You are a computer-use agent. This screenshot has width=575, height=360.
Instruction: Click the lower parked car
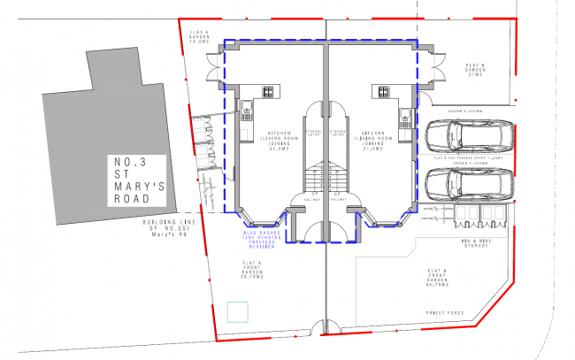click(469, 185)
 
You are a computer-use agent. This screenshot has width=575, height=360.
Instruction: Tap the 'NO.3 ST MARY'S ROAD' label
click(143, 180)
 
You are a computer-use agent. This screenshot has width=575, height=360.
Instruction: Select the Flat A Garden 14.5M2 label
click(198, 36)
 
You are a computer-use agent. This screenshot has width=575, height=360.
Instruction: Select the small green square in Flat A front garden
click(236, 312)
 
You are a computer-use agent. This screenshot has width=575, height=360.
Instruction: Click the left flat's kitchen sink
click(247, 112)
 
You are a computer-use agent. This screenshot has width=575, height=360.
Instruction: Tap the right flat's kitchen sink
click(404, 112)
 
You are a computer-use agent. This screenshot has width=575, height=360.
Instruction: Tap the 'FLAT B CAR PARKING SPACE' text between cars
click(468, 158)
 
